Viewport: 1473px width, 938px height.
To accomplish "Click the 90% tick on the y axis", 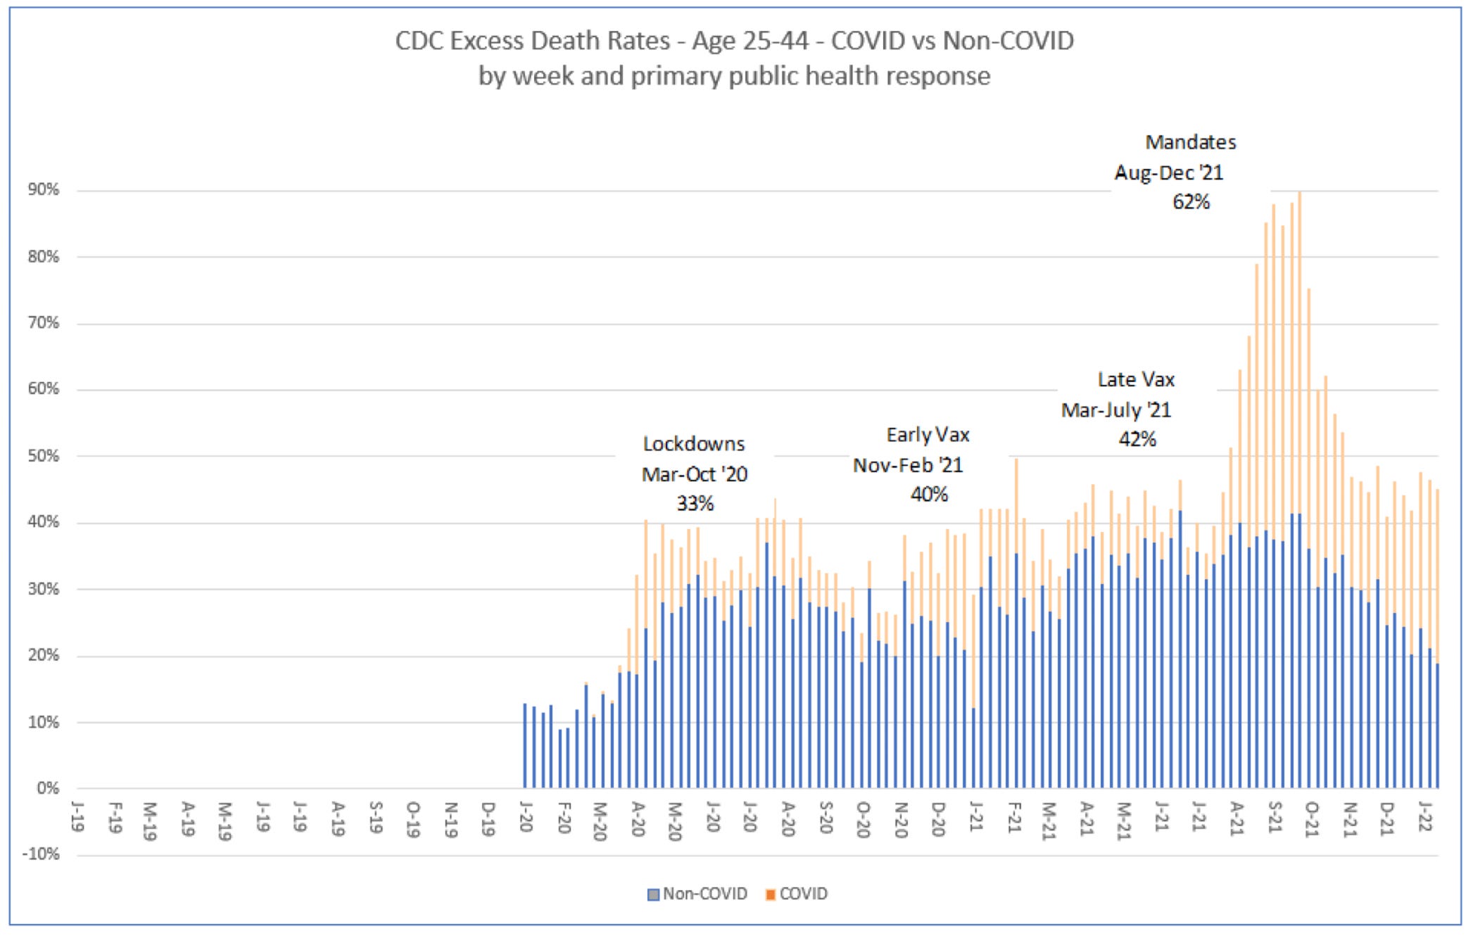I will (x=43, y=190).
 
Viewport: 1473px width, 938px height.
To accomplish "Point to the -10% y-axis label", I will (x=41, y=854).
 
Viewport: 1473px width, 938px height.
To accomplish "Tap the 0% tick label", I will (x=47, y=788).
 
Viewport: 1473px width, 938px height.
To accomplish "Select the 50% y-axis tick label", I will (x=43, y=456).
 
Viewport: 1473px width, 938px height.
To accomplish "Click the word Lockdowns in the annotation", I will (x=693, y=444).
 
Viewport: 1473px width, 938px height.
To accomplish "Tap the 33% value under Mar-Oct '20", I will (x=695, y=504).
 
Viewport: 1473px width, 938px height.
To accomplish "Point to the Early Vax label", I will (x=928, y=435).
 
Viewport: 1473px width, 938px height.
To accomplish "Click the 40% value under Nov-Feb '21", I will (x=929, y=495).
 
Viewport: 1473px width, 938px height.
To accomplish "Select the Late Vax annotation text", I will (x=1136, y=380).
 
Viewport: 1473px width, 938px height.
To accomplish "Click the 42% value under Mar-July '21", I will (x=1137, y=440).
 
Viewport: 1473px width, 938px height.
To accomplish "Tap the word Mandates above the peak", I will (x=1190, y=143).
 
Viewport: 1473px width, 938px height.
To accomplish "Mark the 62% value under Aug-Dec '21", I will (x=1191, y=203).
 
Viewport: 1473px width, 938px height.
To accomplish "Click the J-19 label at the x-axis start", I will (x=78, y=816).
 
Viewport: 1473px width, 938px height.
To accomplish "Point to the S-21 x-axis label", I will (x=1275, y=818).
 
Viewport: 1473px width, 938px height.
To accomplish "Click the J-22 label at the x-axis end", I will (x=1424, y=816).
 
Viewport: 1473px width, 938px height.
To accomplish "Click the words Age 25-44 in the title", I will (x=750, y=41).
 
